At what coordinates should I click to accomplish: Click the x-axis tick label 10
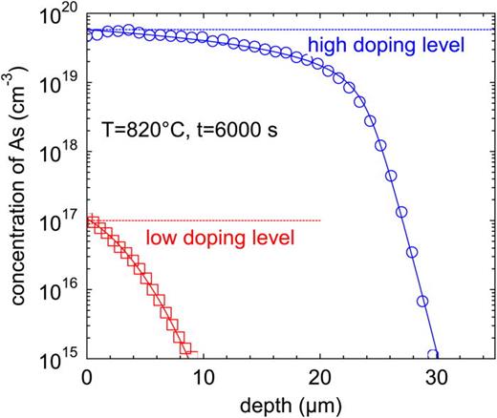pos(202,373)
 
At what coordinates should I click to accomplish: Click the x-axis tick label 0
pos(87,373)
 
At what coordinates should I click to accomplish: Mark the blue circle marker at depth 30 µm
pos(433,355)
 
